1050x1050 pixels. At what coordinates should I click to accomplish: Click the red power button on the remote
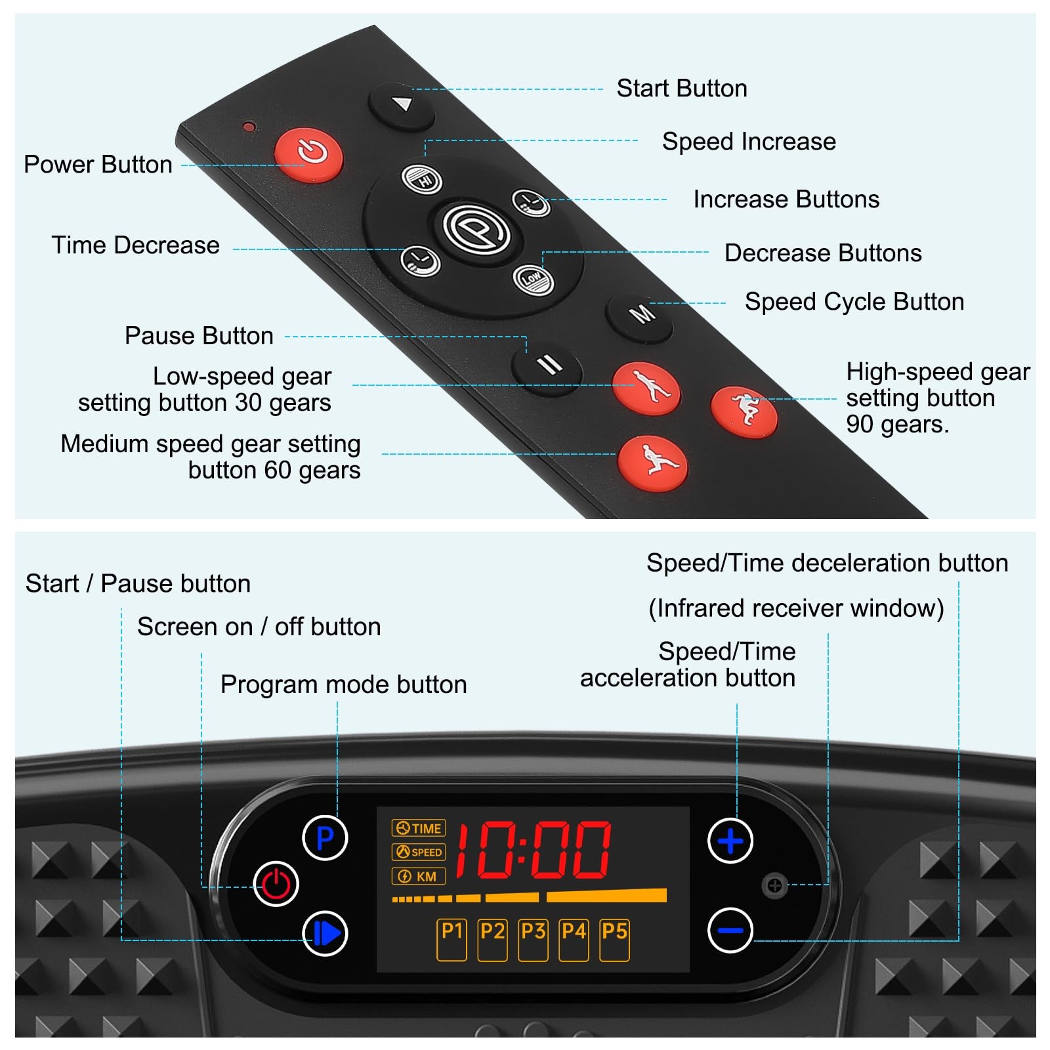[309, 154]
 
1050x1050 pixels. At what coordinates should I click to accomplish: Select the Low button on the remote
[533, 280]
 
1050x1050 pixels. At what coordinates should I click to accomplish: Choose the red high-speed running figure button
[744, 411]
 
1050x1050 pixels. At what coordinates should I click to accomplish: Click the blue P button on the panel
[325, 838]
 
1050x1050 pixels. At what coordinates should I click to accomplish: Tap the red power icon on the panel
[276, 884]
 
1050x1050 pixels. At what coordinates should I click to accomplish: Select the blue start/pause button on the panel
[325, 933]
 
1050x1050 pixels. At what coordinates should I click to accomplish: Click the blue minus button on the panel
[730, 930]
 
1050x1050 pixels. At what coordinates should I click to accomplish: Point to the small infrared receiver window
[774, 886]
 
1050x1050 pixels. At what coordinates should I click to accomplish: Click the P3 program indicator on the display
[533, 940]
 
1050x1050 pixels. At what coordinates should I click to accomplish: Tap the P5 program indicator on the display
[614, 940]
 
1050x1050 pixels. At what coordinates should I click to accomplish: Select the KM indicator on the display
[419, 876]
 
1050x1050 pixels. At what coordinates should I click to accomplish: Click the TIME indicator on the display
[419, 828]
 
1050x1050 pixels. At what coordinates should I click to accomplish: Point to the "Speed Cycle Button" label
[854, 302]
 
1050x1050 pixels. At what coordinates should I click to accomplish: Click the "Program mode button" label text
[343, 684]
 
